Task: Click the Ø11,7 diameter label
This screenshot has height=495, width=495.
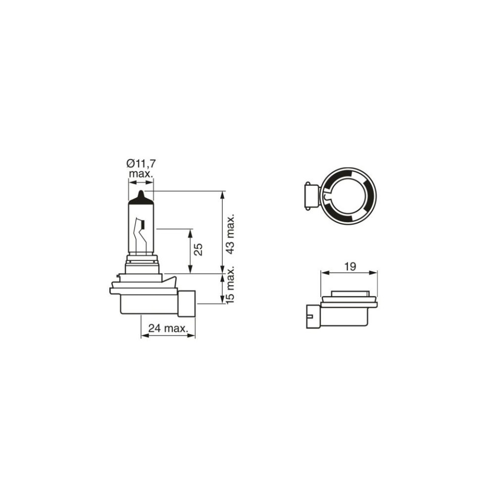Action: (141, 163)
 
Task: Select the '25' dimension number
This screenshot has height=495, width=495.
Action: (198, 250)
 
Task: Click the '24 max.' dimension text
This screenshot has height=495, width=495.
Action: (168, 328)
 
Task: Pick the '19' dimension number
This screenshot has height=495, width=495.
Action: (350, 267)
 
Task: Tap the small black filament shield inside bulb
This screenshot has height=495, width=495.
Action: (143, 225)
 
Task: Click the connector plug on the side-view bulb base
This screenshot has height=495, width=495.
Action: (187, 303)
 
